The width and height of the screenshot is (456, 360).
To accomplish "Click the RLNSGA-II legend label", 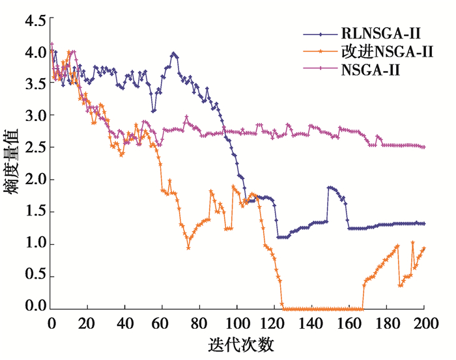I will coord(378,32).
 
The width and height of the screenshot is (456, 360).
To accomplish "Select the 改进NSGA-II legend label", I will coord(386,50).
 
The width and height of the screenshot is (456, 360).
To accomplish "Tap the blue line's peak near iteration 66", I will coord(174,54).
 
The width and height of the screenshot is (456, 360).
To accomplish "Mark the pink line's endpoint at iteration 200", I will coord(424,147).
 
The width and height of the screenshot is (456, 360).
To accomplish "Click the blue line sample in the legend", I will coord(319,32).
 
